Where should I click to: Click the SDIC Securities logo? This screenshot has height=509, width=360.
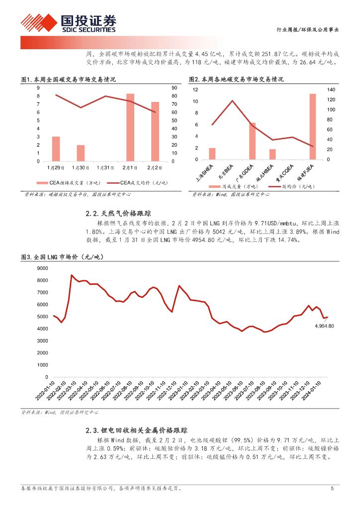coord(68,22)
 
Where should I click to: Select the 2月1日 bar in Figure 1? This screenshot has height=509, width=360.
coord(130,127)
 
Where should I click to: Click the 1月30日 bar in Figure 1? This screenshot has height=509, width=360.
coord(81,153)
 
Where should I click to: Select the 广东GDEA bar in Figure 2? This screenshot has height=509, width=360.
coord(252,141)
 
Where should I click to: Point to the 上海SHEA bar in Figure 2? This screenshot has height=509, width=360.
coord(212,154)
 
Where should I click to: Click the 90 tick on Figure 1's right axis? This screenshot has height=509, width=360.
coord(175,87)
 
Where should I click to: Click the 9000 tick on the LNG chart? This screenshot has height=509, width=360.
coord(43,268)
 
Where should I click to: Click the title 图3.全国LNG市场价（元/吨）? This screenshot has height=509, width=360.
coord(65,256)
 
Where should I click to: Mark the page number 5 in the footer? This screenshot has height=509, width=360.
coord(332,489)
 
